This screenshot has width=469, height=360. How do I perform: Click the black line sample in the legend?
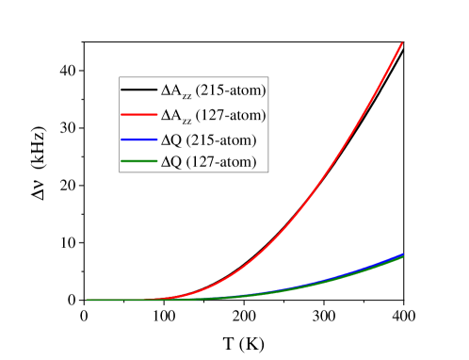138,91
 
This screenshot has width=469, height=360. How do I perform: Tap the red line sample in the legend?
138,116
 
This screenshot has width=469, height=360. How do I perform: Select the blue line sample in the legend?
138,140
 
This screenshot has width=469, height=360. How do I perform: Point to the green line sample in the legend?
138,164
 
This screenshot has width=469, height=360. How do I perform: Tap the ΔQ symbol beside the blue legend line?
172,140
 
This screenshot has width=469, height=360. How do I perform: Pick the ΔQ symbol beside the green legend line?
172,164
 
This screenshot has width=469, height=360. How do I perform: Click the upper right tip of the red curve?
403,42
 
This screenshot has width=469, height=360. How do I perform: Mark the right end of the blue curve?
403,254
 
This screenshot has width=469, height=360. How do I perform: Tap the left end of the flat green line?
88,300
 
